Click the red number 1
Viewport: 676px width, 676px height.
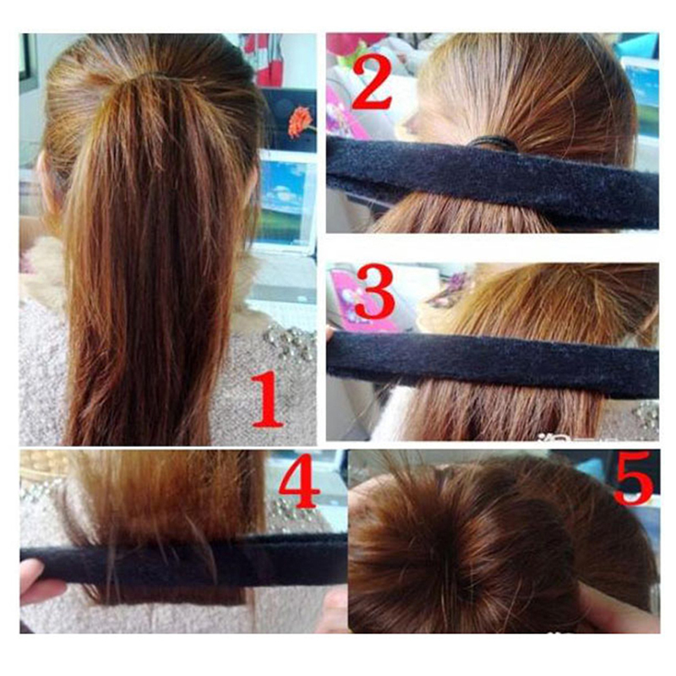[x=268, y=400]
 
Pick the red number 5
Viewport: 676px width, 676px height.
[x=633, y=477]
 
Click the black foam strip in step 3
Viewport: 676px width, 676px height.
[x=493, y=364]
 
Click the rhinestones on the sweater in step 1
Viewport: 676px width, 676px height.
[x=291, y=343]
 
